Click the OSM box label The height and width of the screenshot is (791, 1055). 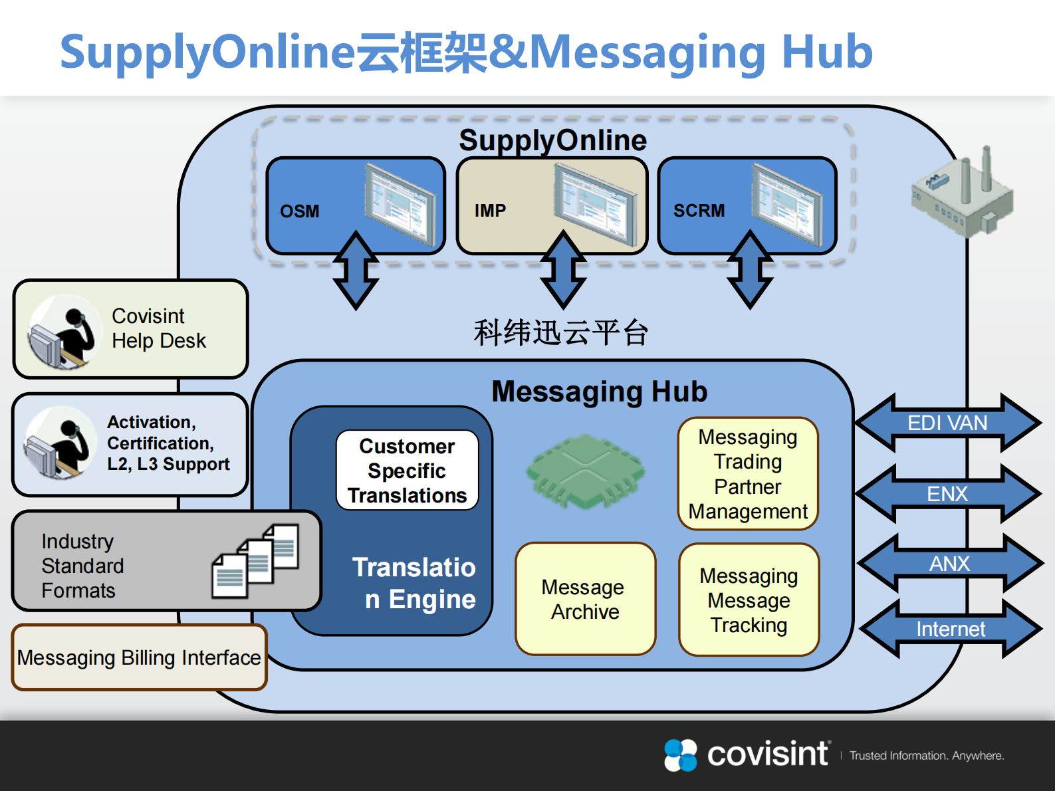300,211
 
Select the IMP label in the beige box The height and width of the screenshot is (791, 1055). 490,211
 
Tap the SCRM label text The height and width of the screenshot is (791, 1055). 699,211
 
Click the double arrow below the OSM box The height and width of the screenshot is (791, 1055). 356,271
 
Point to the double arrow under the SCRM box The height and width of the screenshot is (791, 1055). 750,270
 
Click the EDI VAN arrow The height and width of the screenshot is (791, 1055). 948,423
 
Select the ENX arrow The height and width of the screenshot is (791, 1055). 948,494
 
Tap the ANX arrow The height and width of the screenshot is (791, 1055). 949,564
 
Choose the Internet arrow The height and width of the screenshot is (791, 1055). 951,629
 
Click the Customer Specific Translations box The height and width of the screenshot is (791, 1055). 408,471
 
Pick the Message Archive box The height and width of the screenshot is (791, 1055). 585,599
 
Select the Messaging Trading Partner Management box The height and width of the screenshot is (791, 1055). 748,474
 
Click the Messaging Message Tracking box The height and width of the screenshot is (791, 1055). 749,600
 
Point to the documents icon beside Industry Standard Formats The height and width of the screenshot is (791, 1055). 256,560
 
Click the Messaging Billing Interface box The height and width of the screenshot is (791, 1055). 139,657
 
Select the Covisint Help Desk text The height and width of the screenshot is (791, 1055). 158,328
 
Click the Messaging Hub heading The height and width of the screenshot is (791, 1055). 599,392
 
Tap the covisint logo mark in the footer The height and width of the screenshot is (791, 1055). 681,755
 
